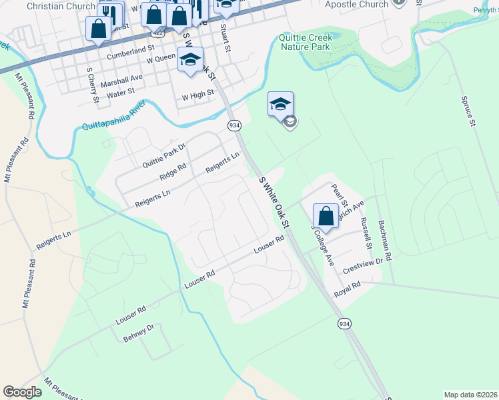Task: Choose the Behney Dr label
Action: coord(139,333)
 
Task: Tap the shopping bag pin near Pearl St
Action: coord(326,216)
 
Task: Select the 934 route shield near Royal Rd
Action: coord(344,323)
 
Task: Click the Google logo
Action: coord(23,392)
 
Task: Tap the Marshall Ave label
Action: coord(127,77)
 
